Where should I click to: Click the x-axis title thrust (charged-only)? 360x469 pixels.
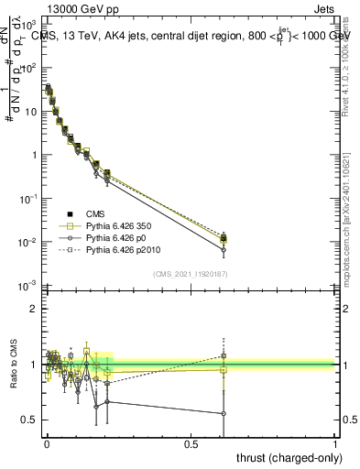tap(287, 457)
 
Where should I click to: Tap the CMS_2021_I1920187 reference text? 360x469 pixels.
tap(191, 273)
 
